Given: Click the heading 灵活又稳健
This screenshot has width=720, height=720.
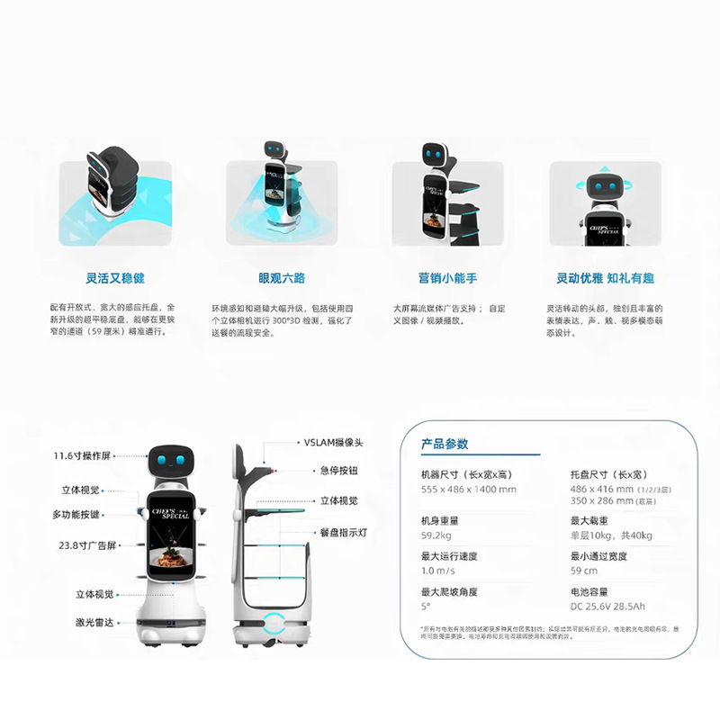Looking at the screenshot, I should tap(115, 278).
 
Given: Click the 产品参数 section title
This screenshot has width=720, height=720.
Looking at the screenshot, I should tap(445, 444).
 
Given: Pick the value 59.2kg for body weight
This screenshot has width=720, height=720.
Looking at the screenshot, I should tap(436, 535).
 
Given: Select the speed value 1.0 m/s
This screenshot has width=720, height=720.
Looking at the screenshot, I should tap(438, 571).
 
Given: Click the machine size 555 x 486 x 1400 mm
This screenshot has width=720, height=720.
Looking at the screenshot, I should tap(469, 489).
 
